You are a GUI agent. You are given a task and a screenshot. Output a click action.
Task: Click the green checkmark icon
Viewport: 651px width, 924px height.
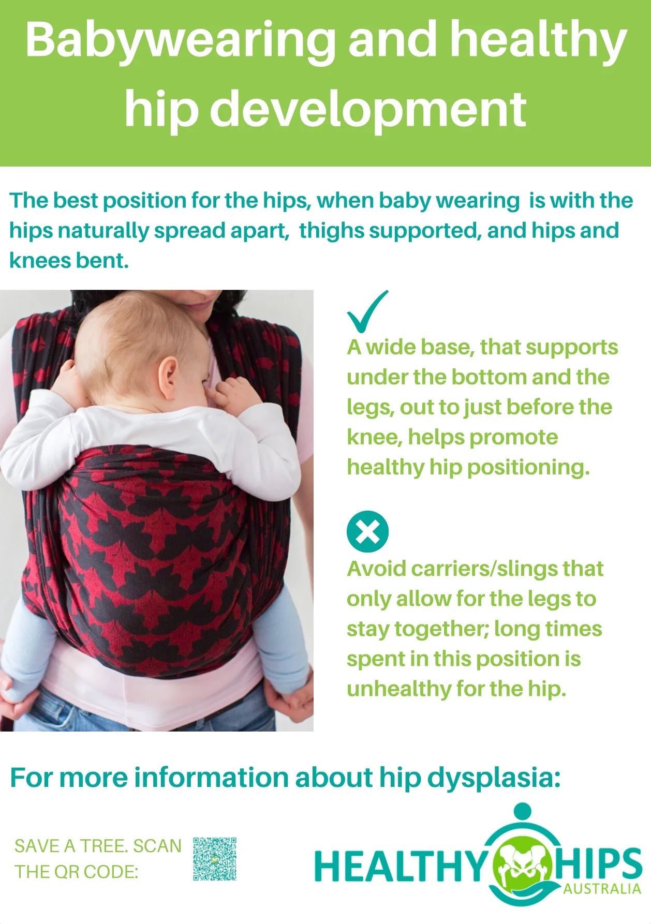click(x=367, y=311)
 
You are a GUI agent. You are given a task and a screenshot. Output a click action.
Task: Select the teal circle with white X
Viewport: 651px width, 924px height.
click(x=367, y=531)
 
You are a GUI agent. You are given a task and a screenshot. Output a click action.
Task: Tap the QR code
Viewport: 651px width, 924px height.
click(x=215, y=858)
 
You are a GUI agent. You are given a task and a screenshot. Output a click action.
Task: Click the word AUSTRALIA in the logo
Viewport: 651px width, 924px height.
click(x=602, y=889)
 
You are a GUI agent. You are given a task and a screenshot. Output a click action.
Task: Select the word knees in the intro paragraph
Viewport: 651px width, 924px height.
click(x=38, y=260)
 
